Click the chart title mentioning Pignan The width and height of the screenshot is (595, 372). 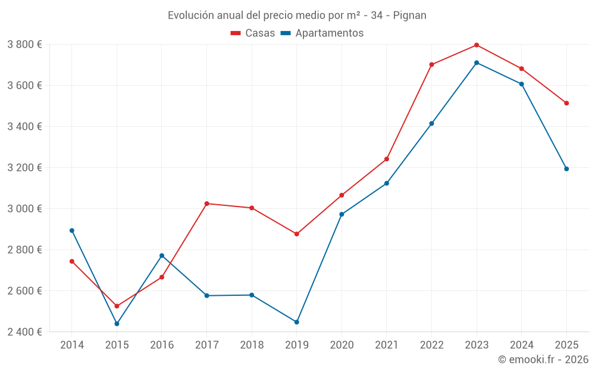pos(297,15)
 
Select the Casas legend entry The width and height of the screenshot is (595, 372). pos(253,33)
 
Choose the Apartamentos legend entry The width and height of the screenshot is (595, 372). pos(322,33)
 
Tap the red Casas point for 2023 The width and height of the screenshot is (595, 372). pos(477,45)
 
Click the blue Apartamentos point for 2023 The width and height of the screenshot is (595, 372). pos(477,62)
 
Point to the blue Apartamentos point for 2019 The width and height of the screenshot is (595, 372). pos(297,322)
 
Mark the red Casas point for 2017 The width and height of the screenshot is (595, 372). pos(206,204)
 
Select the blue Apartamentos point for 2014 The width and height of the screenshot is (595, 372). pos(72,230)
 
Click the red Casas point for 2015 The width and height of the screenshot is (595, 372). pos(117,306)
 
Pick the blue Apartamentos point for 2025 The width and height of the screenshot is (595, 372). pos(566,169)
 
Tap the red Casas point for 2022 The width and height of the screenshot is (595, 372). pos(431,65)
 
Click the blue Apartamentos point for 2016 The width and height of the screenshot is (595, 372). pos(162,256)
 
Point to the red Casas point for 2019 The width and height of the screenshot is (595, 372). pos(297,234)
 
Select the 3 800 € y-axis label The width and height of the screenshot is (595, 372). pos(24,45)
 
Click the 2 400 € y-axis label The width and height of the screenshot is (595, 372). pos(24,332)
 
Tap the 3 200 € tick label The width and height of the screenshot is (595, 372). pos(24,168)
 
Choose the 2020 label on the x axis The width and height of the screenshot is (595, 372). pos(342,345)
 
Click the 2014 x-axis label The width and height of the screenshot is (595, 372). pos(72,345)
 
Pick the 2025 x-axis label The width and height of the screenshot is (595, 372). pos(566,345)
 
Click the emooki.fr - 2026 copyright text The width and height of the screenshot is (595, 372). pos(543,360)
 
